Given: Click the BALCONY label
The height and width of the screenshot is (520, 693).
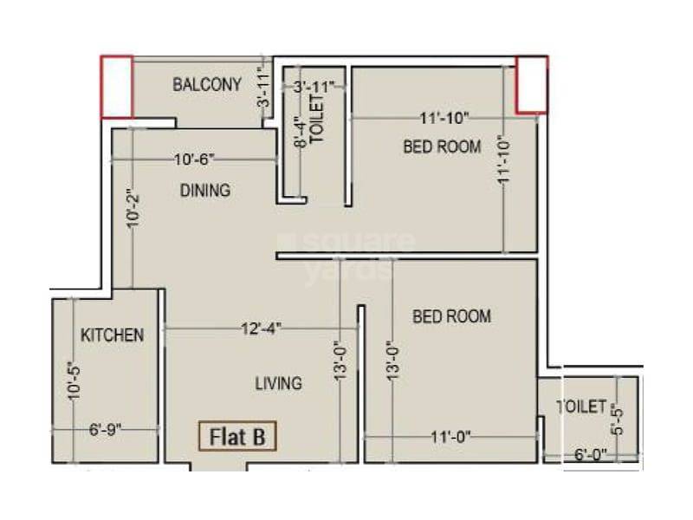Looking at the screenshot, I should pyautogui.click(x=207, y=85).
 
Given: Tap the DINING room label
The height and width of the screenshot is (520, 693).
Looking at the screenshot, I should pyautogui.click(x=205, y=190).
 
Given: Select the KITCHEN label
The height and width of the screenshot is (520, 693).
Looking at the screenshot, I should pyautogui.click(x=112, y=335).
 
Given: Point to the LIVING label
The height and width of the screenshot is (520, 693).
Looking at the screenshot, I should pyautogui.click(x=278, y=382).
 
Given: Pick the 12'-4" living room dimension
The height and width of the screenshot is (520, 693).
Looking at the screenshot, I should pyautogui.click(x=262, y=328).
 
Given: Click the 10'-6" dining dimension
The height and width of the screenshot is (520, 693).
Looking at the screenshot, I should pyautogui.click(x=193, y=159).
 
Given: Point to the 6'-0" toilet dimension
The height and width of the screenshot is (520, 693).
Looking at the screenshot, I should pyautogui.click(x=590, y=453).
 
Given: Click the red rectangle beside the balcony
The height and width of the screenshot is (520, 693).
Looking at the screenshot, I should pyautogui.click(x=117, y=87).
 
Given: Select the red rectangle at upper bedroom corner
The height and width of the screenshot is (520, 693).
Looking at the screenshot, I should pyautogui.click(x=532, y=85).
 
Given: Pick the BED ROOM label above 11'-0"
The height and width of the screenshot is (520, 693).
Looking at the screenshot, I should pyautogui.click(x=451, y=316).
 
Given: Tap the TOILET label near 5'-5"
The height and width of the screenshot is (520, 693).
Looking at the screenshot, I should pyautogui.click(x=581, y=405).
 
